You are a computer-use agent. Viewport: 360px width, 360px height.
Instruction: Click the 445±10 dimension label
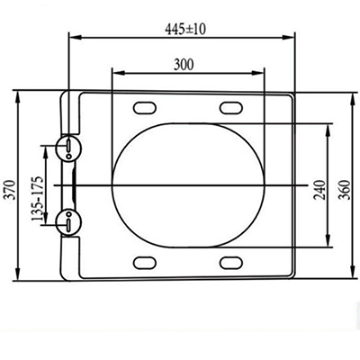[x=185, y=29]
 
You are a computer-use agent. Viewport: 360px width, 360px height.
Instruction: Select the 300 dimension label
[x=184, y=65]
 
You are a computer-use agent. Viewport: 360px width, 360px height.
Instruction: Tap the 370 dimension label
[x=11, y=190]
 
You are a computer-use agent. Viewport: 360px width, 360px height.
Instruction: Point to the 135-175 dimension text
[x=38, y=199]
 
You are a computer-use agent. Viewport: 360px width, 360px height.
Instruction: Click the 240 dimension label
[x=319, y=190]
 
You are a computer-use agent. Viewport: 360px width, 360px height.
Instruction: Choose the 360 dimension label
[x=344, y=190]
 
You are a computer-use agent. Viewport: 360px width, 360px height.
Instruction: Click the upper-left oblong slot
[x=145, y=108]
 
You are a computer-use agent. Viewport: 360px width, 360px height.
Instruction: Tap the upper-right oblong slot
[x=231, y=108]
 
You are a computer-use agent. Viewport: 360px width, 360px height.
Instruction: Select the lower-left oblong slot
[x=145, y=263]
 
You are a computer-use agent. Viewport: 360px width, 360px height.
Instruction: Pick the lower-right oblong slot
[x=231, y=263]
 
